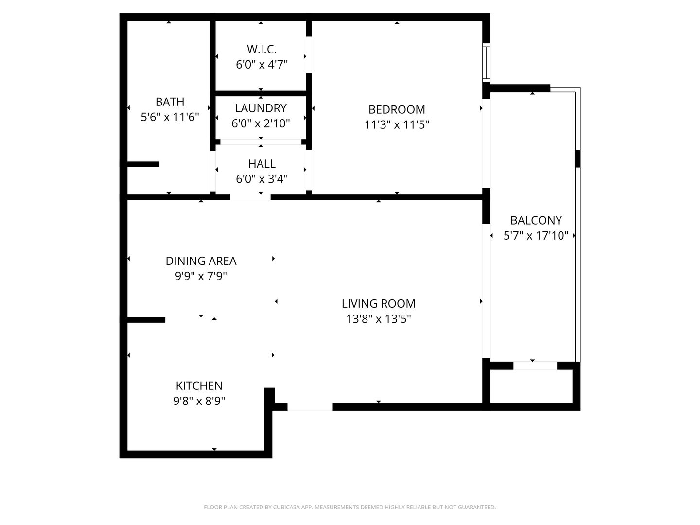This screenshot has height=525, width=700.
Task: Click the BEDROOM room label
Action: pyautogui.click(x=397, y=109)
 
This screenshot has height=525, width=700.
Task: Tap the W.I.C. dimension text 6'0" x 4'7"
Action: pyautogui.click(x=262, y=64)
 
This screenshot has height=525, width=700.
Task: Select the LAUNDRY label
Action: pyautogui.click(x=261, y=108)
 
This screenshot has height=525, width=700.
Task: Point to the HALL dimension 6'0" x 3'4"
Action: pyautogui.click(x=262, y=179)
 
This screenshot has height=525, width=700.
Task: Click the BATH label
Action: pyautogui.click(x=170, y=102)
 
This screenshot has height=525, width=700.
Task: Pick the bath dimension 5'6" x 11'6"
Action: pyautogui.click(x=170, y=117)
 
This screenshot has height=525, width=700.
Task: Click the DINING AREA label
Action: pyautogui.click(x=201, y=261)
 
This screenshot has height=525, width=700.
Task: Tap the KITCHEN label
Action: pyautogui.click(x=199, y=385)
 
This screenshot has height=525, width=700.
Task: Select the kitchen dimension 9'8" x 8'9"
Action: pyautogui.click(x=199, y=401)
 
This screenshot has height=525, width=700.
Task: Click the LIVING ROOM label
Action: pyautogui.click(x=378, y=303)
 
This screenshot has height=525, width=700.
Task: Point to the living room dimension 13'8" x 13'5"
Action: pyautogui.click(x=378, y=319)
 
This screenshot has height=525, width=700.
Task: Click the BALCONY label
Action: pyautogui.click(x=536, y=220)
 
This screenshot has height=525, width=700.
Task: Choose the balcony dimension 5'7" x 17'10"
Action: pyautogui.click(x=536, y=236)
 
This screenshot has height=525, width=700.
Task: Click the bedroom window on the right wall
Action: pyautogui.click(x=486, y=62)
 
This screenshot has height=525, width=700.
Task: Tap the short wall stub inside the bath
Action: pyautogui.click(x=143, y=164)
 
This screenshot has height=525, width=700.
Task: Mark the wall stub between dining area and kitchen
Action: pyautogui.click(x=146, y=320)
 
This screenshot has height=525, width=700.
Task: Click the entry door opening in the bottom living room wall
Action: pyautogui.click(x=310, y=407)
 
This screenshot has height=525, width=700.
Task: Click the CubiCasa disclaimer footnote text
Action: pyautogui.click(x=350, y=507)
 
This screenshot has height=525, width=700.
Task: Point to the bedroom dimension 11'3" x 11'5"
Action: pyautogui.click(x=397, y=124)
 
